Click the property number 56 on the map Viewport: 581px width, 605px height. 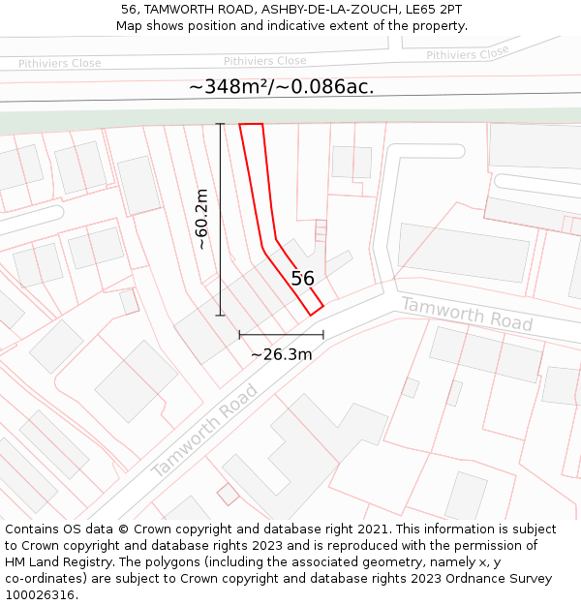pos(303,279)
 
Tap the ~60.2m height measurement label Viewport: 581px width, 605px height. pos(201,219)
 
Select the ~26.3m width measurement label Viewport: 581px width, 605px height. pos(281,354)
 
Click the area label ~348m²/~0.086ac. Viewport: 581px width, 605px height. pos(281,87)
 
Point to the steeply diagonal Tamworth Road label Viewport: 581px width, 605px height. pos(205,431)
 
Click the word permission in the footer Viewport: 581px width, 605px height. pos(478,546)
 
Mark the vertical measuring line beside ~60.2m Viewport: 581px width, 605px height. pos(220,219)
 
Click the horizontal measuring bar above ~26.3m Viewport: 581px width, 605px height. pos(281,335)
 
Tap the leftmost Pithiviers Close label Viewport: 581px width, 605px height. pos(59,64)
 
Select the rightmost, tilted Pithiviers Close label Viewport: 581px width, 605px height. pos(468,54)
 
